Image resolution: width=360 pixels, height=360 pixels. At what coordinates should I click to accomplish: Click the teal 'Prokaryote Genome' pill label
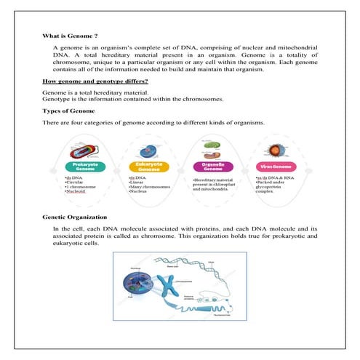click(x=85, y=167)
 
